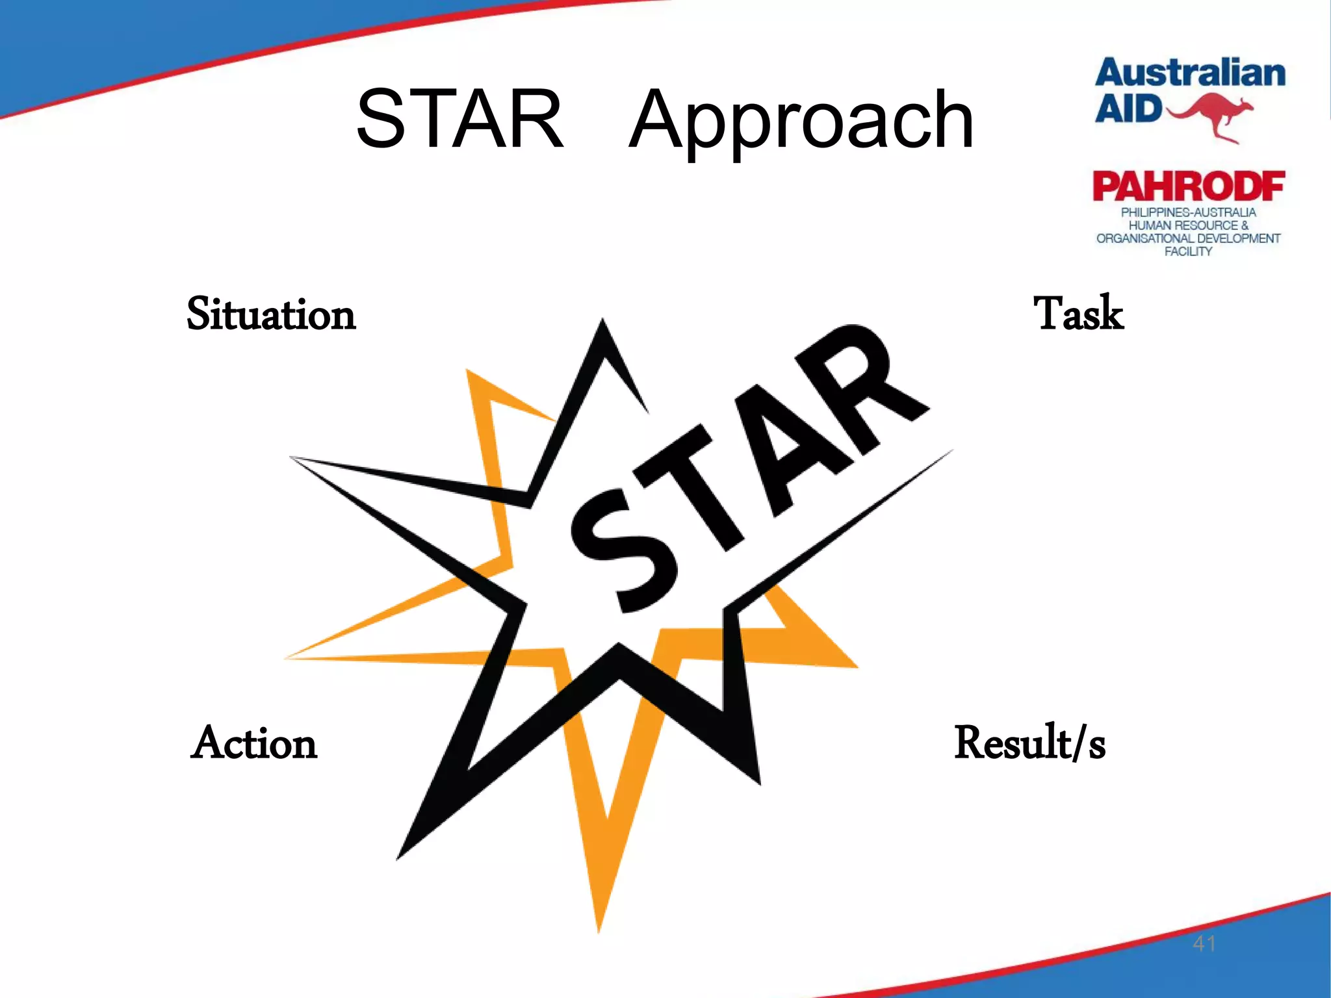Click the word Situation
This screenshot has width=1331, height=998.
point(271,314)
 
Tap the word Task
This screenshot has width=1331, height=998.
point(1078,314)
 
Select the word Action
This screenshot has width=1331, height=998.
point(254,743)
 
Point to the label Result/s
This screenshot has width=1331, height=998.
point(1029,743)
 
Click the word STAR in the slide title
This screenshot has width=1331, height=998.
point(459,120)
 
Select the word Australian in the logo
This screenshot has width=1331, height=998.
point(1190,73)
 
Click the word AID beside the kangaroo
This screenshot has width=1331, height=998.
point(1128,109)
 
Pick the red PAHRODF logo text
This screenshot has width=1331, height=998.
point(1189,186)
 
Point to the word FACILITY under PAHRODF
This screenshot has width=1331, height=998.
point(1188,251)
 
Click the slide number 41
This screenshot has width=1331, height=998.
point(1204,943)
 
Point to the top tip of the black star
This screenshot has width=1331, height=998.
point(603,322)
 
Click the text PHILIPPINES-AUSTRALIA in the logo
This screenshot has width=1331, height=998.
point(1188,212)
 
